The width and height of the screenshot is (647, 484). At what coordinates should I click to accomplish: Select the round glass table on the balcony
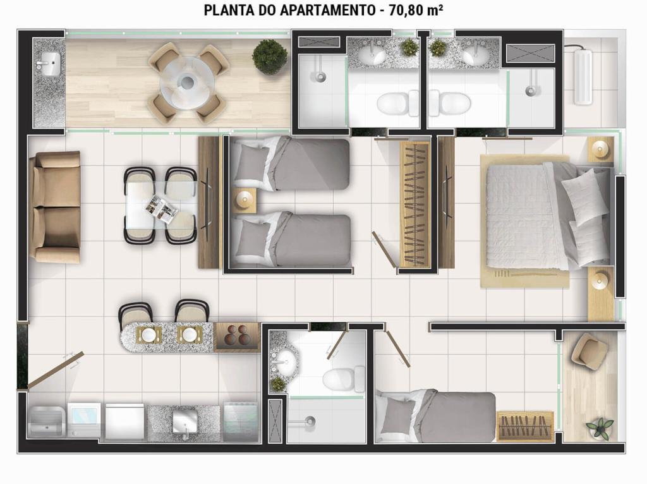click(x=186, y=83)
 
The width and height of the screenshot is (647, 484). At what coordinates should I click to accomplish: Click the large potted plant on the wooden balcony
click(x=269, y=57)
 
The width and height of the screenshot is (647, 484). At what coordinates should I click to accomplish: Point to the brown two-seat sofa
click(x=55, y=207)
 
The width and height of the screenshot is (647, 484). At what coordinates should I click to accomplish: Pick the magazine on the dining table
click(x=161, y=210)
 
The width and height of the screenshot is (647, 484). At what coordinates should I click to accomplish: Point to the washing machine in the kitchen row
click(x=84, y=420)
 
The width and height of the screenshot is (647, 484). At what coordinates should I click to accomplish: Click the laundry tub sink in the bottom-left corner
click(x=45, y=420)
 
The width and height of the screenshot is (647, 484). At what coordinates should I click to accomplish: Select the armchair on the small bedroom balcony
click(x=590, y=351)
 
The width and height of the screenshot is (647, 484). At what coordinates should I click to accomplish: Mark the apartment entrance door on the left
click(x=55, y=370)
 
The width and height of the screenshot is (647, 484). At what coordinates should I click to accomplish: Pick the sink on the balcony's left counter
click(x=49, y=64)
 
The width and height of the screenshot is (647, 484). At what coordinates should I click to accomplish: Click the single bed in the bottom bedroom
click(x=438, y=416)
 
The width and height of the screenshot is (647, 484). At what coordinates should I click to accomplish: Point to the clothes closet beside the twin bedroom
click(x=416, y=204)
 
